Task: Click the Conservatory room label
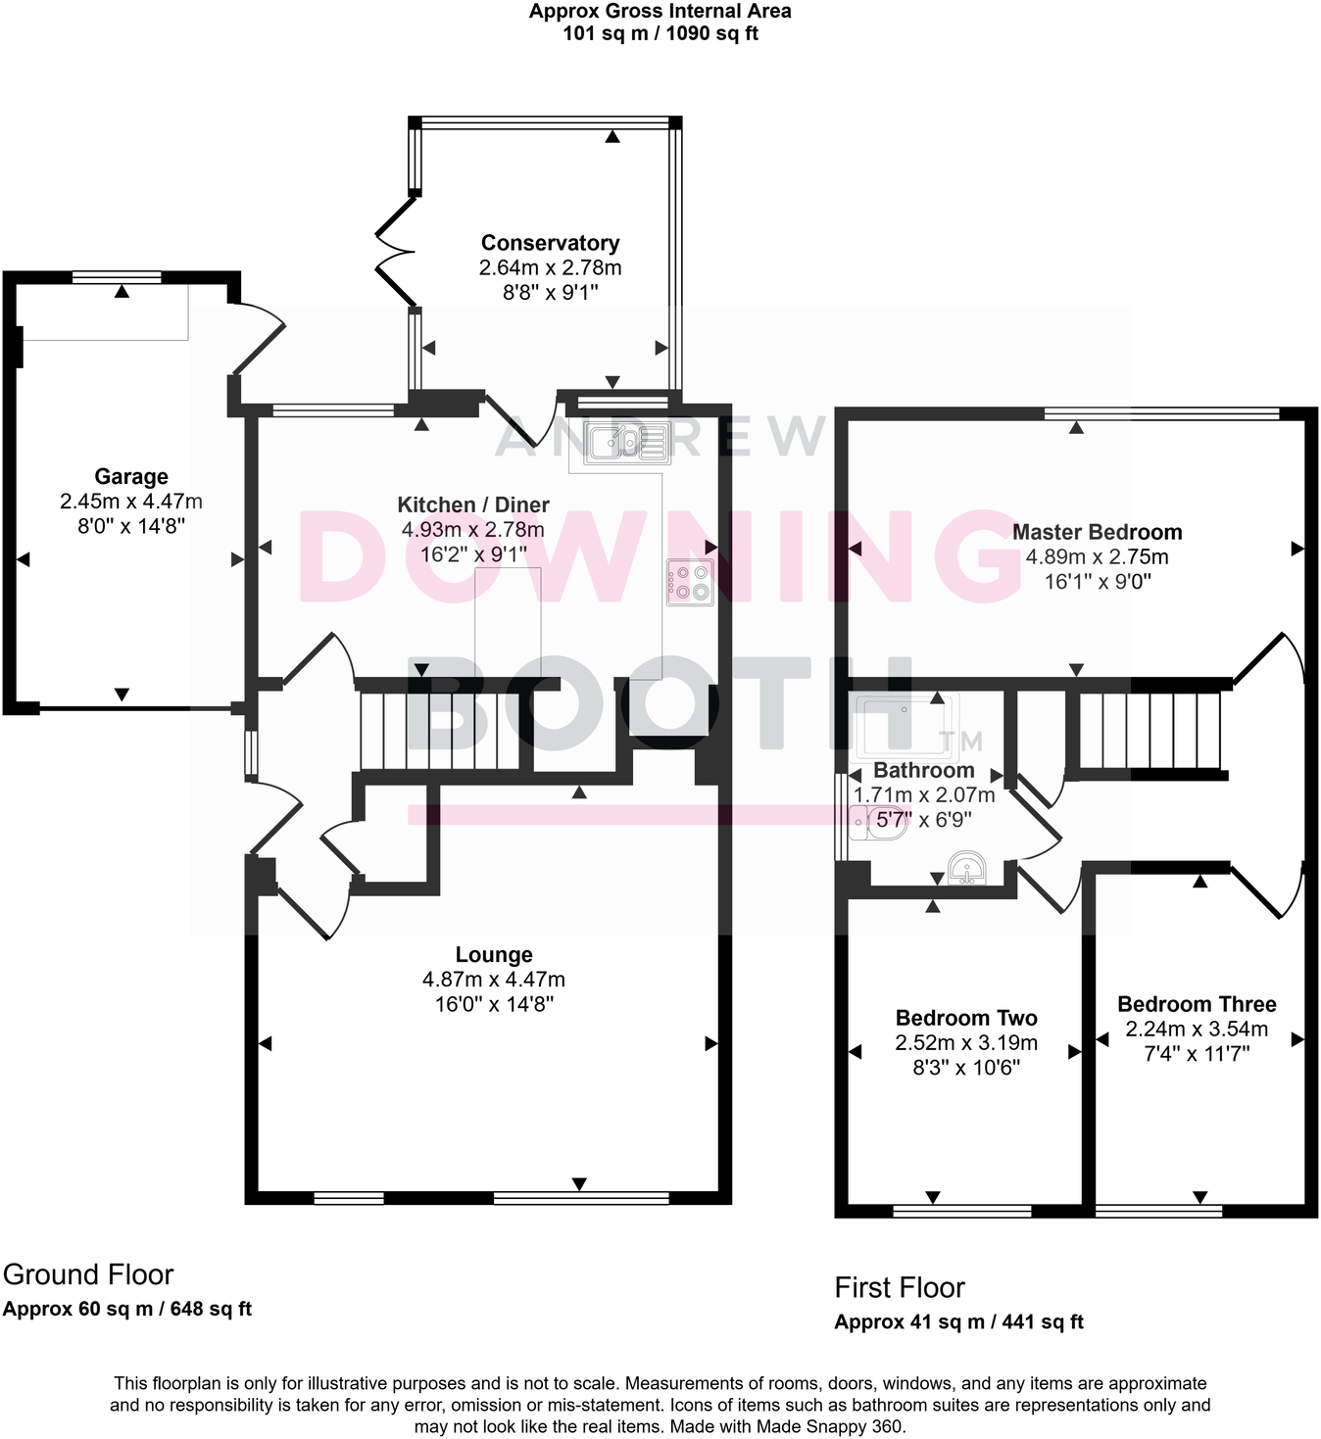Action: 550,243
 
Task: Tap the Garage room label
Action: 131,477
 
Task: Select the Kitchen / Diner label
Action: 473,504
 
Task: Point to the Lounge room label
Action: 494,955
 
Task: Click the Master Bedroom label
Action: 1097,532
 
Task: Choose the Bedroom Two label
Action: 966,1018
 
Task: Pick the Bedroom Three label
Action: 1197,1004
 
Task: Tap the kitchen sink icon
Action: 628,443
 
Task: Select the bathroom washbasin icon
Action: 966,868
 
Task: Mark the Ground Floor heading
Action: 88,1274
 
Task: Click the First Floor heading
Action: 900,1287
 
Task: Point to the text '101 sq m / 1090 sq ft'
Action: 660,33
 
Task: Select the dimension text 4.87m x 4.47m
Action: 494,980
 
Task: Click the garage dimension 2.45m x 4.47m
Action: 131,502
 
